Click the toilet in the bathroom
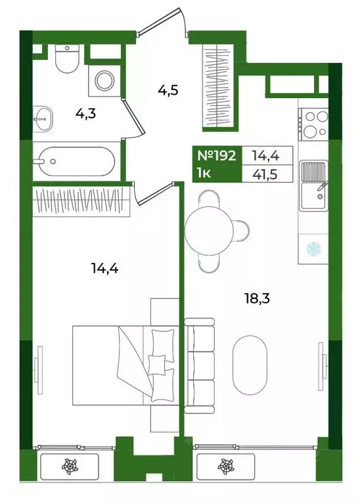(x=67, y=58)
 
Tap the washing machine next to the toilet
(x=104, y=81)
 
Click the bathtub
(x=76, y=162)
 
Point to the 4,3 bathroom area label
(x=85, y=114)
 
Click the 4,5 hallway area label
(x=168, y=90)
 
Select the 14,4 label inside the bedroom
(x=105, y=267)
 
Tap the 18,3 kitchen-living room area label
(x=257, y=298)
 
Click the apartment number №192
(x=216, y=156)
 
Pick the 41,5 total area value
(x=265, y=175)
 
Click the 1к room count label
(x=204, y=173)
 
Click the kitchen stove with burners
(x=313, y=124)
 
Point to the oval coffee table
(x=250, y=365)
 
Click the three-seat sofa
(x=199, y=365)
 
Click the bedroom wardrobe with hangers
(x=81, y=200)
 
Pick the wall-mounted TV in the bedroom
(x=39, y=370)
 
